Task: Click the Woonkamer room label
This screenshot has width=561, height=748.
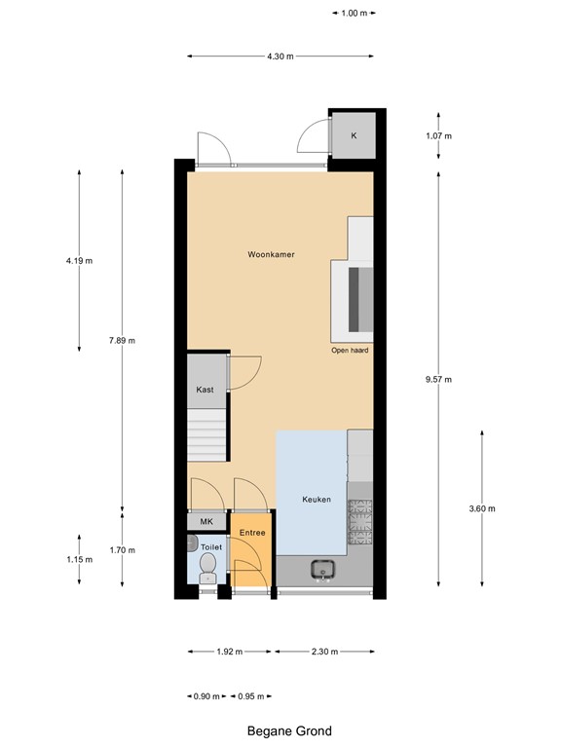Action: pyautogui.click(x=271, y=254)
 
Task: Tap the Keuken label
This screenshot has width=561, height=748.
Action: pyautogui.click(x=317, y=500)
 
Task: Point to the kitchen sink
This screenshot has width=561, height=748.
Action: pyautogui.click(x=322, y=570)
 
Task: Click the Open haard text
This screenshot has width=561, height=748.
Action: pyautogui.click(x=350, y=350)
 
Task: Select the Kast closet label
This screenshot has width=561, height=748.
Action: pyautogui.click(x=205, y=390)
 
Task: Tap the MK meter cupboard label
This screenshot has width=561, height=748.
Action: pyautogui.click(x=206, y=522)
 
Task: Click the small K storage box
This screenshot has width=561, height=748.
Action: pyautogui.click(x=354, y=135)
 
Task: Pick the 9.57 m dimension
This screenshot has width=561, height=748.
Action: pyautogui.click(x=440, y=380)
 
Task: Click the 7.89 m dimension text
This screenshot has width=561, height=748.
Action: pyautogui.click(x=122, y=340)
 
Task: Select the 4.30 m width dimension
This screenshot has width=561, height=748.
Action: pyautogui.click(x=280, y=56)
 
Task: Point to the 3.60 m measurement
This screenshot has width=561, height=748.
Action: pyautogui.click(x=482, y=508)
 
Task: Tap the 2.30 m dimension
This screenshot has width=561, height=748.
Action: pyautogui.click(x=324, y=652)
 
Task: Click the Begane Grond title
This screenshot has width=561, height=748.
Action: pyautogui.click(x=289, y=730)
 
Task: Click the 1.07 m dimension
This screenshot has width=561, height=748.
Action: pyautogui.click(x=440, y=135)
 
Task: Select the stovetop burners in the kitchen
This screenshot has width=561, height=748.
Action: pyautogui.click(x=361, y=522)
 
